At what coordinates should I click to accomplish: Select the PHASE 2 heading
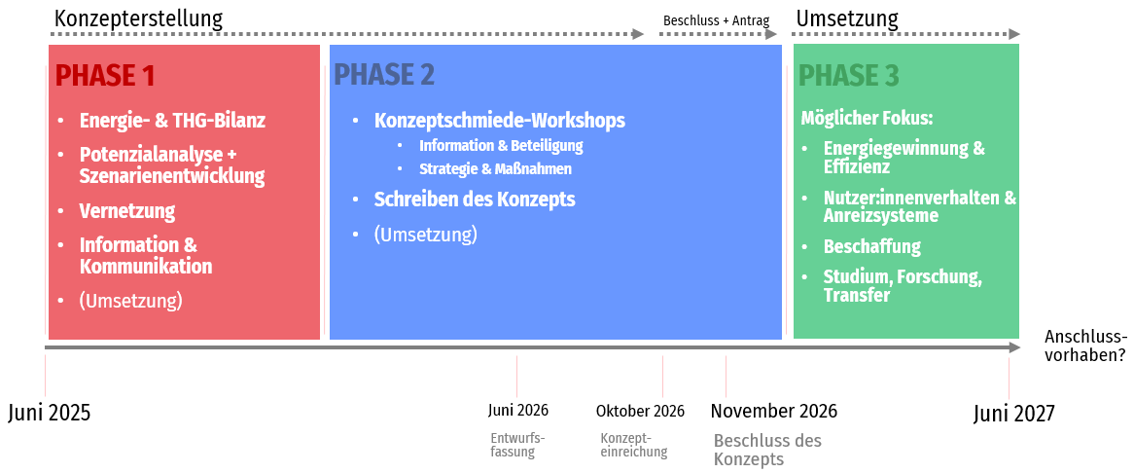(384, 75)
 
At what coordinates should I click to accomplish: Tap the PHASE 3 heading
(849, 75)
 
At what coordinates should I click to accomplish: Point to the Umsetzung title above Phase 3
(847, 18)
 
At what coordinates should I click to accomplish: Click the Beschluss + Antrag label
(716, 20)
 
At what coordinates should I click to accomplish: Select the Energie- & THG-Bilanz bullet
(172, 120)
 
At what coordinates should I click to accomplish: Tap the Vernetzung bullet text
(127, 211)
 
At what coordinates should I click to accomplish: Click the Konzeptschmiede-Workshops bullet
(500, 120)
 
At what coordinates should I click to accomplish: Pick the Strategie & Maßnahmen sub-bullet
(495, 169)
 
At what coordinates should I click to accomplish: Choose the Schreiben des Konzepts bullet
(475, 199)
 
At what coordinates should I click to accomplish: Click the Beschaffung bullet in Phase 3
(872, 246)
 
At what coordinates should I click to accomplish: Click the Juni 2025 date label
(50, 413)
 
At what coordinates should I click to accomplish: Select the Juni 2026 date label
(517, 410)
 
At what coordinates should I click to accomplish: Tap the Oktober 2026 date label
(640, 411)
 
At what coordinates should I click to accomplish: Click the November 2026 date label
(774, 411)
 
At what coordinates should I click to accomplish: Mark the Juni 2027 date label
(1014, 413)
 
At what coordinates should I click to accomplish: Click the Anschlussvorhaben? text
(1085, 345)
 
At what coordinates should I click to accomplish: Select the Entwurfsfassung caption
(517, 446)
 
